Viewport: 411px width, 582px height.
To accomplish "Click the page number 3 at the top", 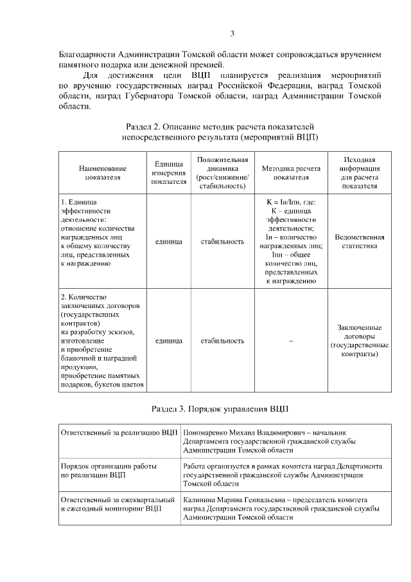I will tap(232, 34).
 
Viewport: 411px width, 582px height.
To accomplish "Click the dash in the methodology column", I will tap(291, 341).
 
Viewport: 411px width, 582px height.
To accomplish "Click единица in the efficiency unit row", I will tap(169, 242).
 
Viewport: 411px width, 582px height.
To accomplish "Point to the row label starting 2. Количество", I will tap(82, 297).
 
